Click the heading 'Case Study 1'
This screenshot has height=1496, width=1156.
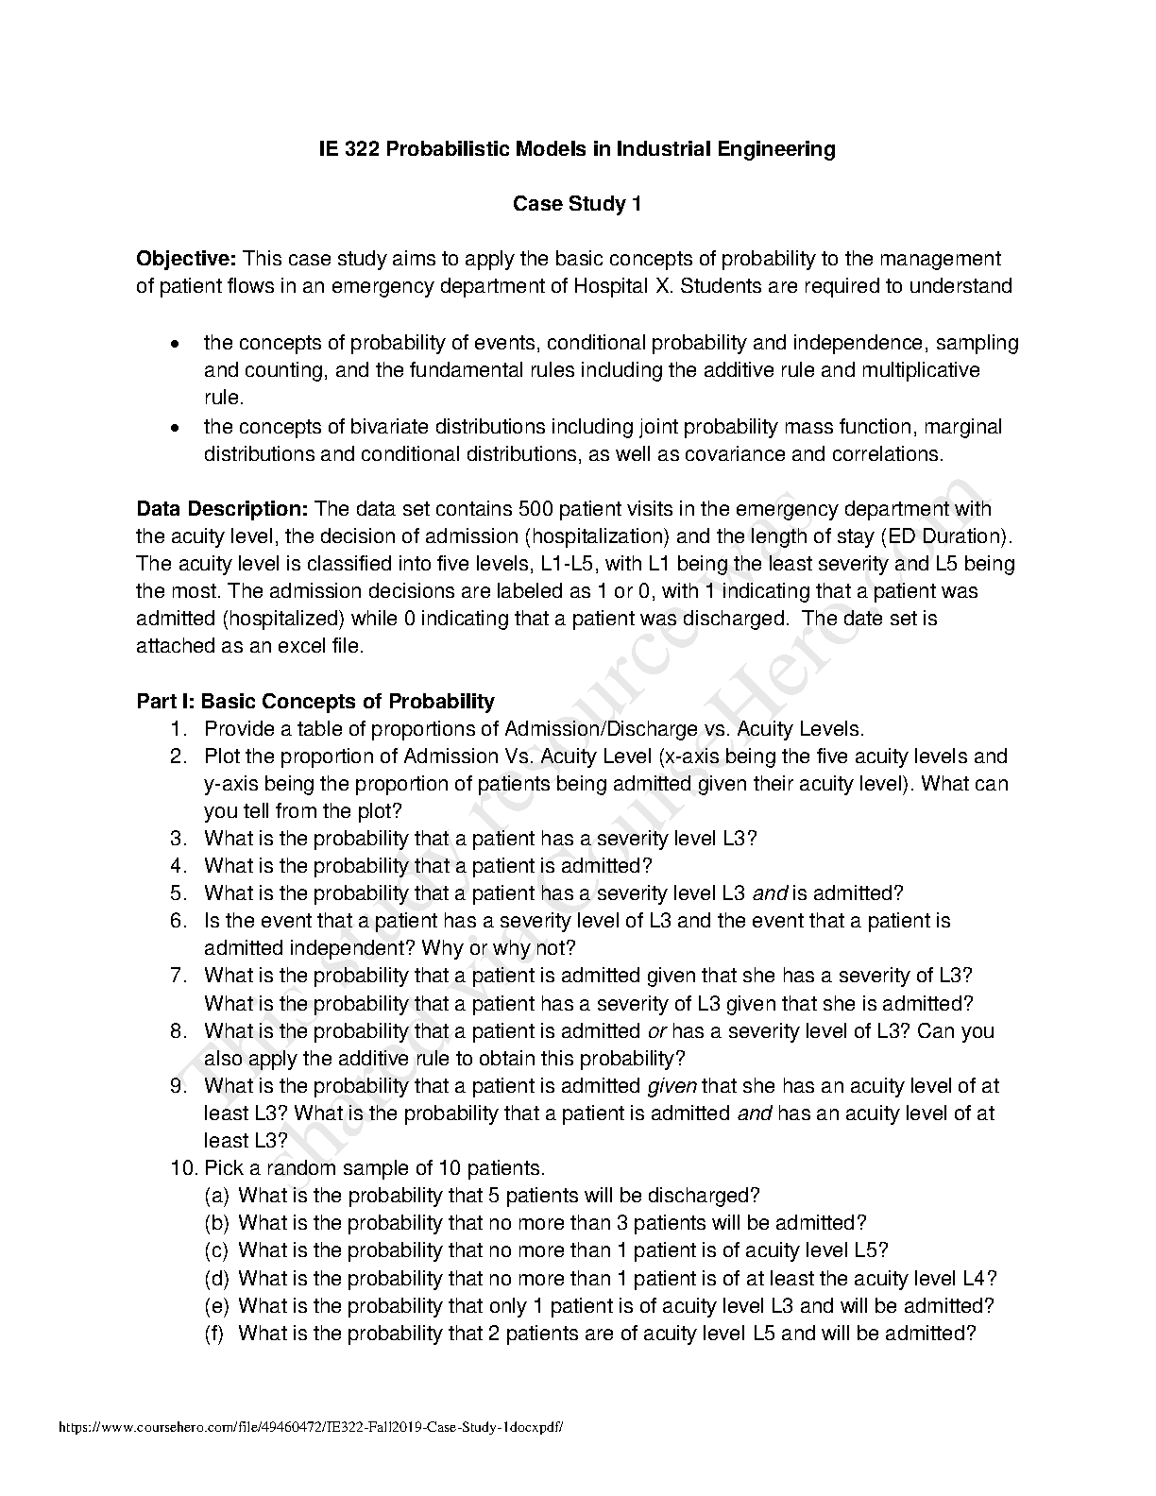pos(577,204)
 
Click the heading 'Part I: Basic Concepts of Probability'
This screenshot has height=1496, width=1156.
pos(315,701)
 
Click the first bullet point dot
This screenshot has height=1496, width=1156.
pos(175,344)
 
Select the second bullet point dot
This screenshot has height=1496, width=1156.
pos(175,428)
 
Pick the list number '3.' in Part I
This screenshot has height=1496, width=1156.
pos(179,838)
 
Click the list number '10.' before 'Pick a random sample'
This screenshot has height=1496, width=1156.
pos(183,1167)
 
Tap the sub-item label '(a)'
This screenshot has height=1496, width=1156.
pos(216,1195)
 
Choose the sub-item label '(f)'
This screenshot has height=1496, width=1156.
pos(215,1333)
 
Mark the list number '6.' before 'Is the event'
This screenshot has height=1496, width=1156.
pos(179,920)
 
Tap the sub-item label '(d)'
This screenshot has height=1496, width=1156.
pos(216,1278)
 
